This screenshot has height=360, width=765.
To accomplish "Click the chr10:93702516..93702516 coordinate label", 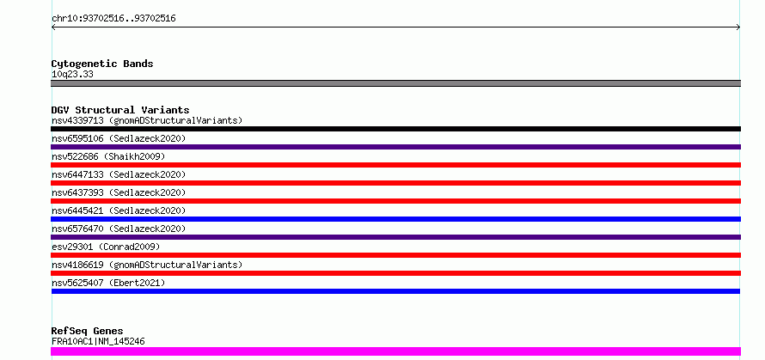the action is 113,19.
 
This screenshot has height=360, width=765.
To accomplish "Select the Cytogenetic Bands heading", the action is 102,64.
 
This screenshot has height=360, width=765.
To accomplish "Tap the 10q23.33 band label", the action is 72,75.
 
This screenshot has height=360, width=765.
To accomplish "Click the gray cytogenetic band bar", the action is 395,83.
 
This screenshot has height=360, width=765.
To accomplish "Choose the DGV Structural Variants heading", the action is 120,110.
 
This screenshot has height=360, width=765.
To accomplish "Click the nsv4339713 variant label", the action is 147,120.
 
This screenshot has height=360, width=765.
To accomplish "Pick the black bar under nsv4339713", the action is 395,129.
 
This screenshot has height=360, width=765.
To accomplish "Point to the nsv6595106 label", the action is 119,138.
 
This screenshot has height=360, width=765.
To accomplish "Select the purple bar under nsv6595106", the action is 395,147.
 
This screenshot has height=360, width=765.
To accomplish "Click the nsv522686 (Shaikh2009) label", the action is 108,156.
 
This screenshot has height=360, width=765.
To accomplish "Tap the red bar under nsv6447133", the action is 395,183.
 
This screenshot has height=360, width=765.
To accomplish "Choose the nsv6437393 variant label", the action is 119,192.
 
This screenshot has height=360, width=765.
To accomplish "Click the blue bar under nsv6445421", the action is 395,219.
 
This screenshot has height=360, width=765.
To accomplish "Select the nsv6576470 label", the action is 119,229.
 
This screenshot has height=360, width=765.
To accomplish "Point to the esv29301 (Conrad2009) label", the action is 106,247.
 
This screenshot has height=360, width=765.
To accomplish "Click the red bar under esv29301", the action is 395,255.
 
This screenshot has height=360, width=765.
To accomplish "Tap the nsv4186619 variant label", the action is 147,265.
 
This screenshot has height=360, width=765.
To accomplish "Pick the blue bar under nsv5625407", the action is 395,291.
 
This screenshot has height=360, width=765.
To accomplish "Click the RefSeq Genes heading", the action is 87,332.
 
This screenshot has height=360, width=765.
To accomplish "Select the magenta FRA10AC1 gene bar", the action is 395,351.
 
